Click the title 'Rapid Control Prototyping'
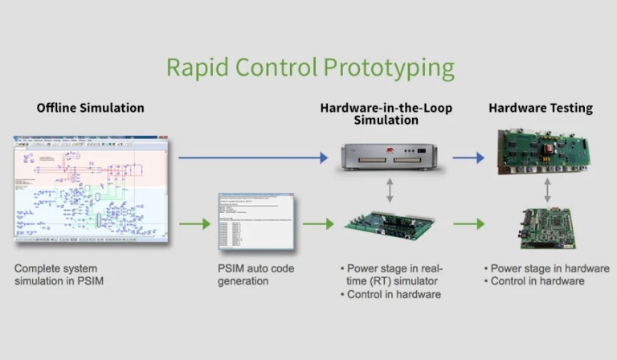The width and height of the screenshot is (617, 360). point(310,67)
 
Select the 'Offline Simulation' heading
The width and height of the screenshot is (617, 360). point(91,108)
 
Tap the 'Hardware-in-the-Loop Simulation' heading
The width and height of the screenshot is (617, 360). point(386,113)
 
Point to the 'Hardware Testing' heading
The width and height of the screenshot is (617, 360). point(541,108)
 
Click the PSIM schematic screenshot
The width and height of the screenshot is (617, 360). point(92,190)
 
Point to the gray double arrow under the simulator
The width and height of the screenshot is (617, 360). point(389,190)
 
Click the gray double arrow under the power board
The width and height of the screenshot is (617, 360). point(547,190)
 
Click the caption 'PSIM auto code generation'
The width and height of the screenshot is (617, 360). point(255,275)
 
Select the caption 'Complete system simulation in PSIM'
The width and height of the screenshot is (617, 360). point(61,275)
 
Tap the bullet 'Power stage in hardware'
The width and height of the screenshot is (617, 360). point(547,268)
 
